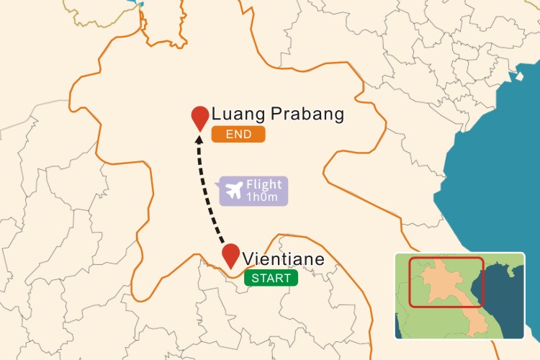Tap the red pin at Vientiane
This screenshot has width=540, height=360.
230,255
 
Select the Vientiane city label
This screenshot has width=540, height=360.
284,258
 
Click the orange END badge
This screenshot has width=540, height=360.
238,135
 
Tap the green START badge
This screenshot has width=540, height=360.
271,279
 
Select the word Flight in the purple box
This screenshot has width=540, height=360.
264,185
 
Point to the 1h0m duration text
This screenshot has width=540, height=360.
264,197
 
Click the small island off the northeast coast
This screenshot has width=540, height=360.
518,75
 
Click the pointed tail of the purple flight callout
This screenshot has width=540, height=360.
218,185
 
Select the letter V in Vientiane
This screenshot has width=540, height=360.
248,259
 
